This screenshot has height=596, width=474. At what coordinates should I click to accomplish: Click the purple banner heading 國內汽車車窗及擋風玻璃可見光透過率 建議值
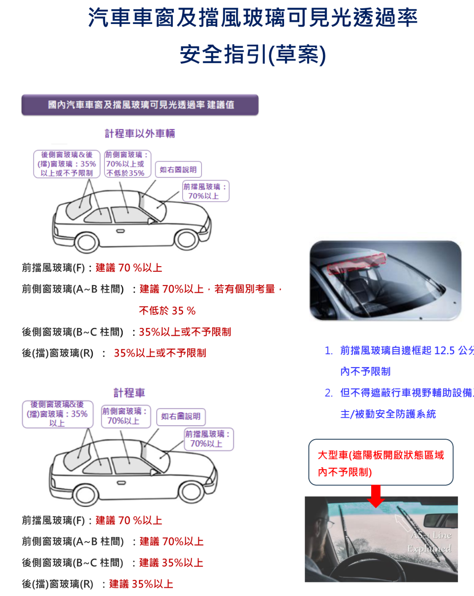click(140, 105)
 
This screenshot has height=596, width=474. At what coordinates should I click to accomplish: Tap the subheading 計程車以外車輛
click(140, 134)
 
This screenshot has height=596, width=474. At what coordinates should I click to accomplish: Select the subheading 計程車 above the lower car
click(129, 393)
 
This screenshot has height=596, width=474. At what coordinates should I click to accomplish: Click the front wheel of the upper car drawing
click(186, 239)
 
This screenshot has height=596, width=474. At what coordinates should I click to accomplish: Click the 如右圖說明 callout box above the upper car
click(178, 170)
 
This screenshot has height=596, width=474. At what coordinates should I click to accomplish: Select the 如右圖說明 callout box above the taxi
click(181, 417)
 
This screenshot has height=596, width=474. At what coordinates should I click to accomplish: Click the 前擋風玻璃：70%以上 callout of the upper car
click(205, 191)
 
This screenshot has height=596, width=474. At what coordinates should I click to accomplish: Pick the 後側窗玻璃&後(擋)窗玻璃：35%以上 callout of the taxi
click(57, 414)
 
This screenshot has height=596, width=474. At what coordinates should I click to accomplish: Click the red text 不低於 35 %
click(167, 310)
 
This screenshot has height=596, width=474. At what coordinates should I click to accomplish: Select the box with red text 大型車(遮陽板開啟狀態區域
click(380, 463)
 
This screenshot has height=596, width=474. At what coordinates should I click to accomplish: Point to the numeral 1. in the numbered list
click(329, 351)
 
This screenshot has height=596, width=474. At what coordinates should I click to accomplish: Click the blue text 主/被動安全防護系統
click(388, 414)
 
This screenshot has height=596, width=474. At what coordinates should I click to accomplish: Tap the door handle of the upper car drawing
click(120, 231)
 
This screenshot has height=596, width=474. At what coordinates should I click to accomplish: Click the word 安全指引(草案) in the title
click(253, 54)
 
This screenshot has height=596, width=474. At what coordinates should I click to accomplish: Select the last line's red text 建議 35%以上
click(141, 584)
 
